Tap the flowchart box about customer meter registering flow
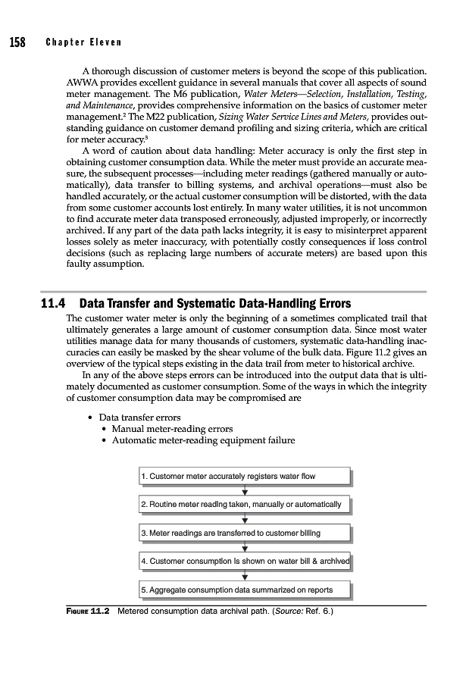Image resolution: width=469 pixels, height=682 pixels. [245, 476]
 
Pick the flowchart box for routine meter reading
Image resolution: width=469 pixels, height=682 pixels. [245, 504]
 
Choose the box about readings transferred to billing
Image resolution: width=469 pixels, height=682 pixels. [245, 533]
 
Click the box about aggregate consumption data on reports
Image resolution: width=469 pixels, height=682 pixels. [245, 590]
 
